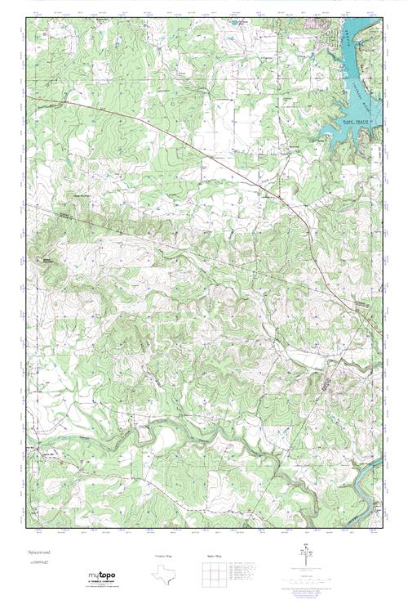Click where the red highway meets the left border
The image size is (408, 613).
[28, 96]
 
